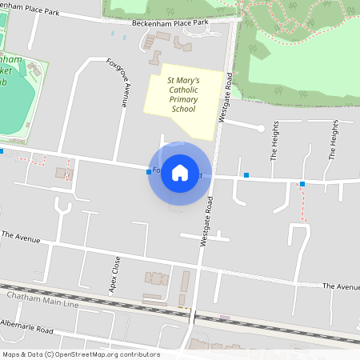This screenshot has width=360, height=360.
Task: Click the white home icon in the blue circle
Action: point(180,172)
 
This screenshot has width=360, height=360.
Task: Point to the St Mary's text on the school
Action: point(183,81)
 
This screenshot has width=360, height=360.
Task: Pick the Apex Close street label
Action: point(116,274)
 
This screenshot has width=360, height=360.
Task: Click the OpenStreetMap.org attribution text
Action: point(106,354)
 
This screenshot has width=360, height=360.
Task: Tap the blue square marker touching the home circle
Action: point(149,171)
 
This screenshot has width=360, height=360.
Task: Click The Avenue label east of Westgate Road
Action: point(341,286)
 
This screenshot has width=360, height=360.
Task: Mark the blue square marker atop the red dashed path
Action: point(302,185)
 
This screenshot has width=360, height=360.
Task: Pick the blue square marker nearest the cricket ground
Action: point(2,150)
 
